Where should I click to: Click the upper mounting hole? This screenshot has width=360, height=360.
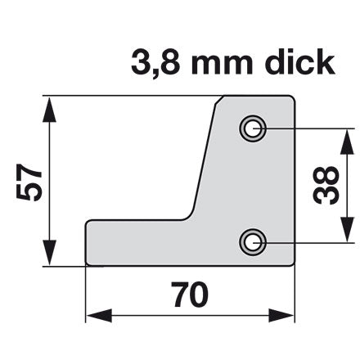[253, 128]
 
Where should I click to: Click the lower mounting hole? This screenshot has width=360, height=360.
[253, 242]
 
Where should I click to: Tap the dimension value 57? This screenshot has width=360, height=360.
[29, 182]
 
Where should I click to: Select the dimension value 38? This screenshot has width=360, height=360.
[326, 185]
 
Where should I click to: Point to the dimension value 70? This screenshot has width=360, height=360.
[190, 295]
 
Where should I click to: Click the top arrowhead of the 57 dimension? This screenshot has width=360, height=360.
[49, 110]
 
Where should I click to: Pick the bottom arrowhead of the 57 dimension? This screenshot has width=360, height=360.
[49, 253]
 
